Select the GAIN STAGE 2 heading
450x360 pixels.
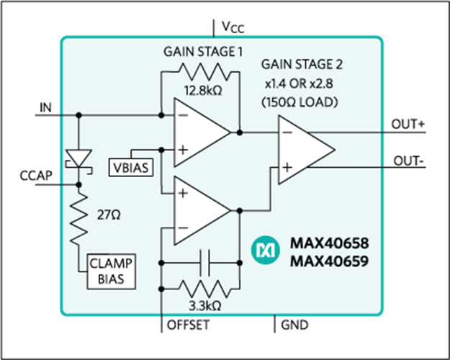[x=302, y=64]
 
